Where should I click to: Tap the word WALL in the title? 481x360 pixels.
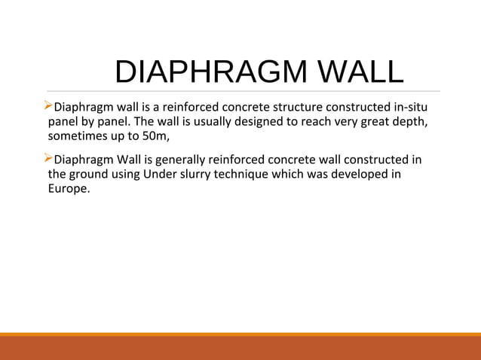[360, 72]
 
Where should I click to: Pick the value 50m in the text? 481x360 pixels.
[163, 138]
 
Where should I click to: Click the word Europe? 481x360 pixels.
[69, 191]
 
